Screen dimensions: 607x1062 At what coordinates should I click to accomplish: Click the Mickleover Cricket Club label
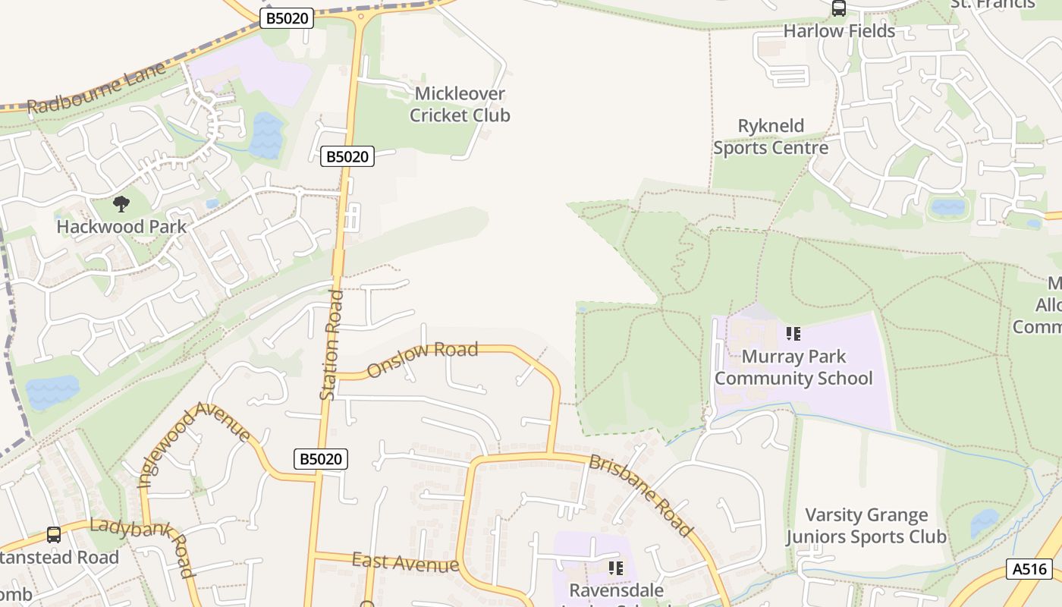pos(460,105)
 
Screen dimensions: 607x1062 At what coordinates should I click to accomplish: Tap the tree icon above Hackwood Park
pos(121,203)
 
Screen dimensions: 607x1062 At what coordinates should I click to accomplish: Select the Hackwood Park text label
pos(121,226)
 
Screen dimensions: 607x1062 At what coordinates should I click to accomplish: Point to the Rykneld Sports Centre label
pos(770,137)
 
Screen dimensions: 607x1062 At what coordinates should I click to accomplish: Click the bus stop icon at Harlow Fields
pos(838,8)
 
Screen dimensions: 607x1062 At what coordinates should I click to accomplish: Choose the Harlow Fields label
pos(839,31)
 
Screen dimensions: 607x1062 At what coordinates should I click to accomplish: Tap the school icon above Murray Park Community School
pos(793,333)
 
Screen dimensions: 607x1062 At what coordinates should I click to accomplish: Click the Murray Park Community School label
pos(793,367)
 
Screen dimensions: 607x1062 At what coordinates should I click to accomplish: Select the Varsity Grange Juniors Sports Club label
pos(866,526)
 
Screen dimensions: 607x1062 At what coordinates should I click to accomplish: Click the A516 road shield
pos(1029,569)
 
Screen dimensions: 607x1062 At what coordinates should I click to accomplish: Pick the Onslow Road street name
pos(423,359)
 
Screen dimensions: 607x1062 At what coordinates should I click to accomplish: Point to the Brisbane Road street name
pos(641,496)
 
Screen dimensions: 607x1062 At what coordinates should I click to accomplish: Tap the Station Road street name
pos(331,345)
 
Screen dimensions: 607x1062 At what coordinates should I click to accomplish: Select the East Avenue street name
pos(405,563)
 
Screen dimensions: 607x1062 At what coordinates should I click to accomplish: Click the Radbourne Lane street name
pos(96,89)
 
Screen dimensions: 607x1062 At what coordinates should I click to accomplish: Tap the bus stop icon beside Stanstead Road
pos(54,534)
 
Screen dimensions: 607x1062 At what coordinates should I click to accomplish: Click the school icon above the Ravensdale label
pos(616,568)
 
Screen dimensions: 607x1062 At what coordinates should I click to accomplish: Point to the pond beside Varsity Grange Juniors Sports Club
pos(985,523)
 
